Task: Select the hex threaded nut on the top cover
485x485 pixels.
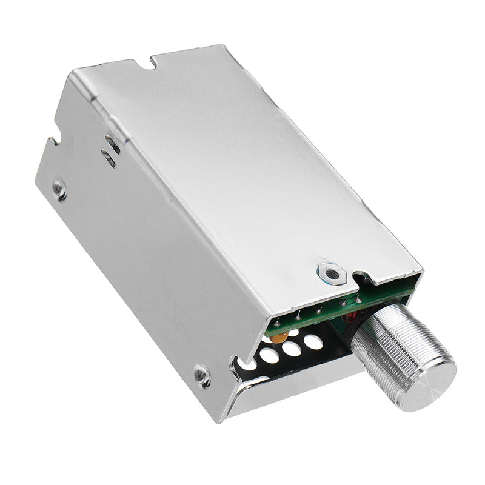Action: click(330, 273)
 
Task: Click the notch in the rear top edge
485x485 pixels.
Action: click(142, 59)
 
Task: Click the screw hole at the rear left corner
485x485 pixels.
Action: click(59, 190)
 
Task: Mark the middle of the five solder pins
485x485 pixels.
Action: click(319, 311)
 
